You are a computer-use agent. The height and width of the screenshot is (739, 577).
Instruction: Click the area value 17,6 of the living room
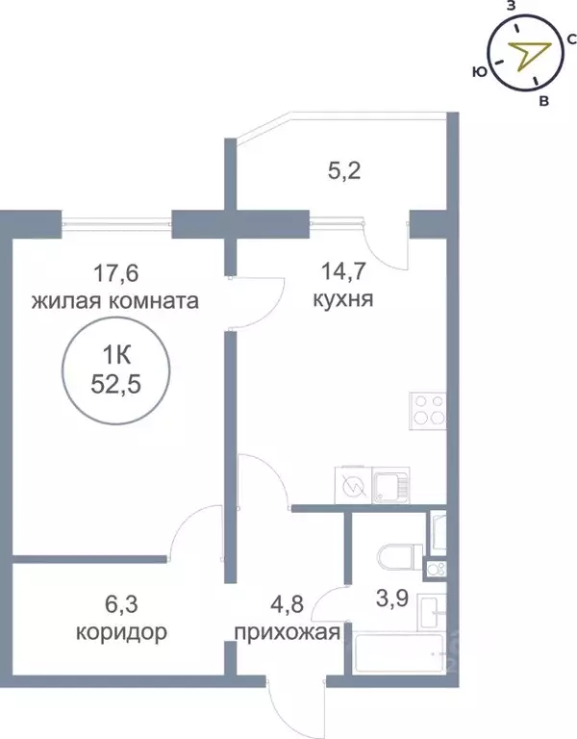pyautogui.click(x=113, y=273)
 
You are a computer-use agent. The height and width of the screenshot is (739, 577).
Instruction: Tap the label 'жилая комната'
pyautogui.click(x=114, y=301)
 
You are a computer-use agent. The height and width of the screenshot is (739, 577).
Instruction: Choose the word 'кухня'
pyautogui.click(x=343, y=300)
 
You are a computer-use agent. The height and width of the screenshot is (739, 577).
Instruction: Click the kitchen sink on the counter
pyautogui.click(x=389, y=485)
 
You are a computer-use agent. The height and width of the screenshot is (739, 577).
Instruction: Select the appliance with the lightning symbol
pyautogui.click(x=352, y=485)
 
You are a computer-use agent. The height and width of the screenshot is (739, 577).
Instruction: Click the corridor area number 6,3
pyautogui.click(x=123, y=606)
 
